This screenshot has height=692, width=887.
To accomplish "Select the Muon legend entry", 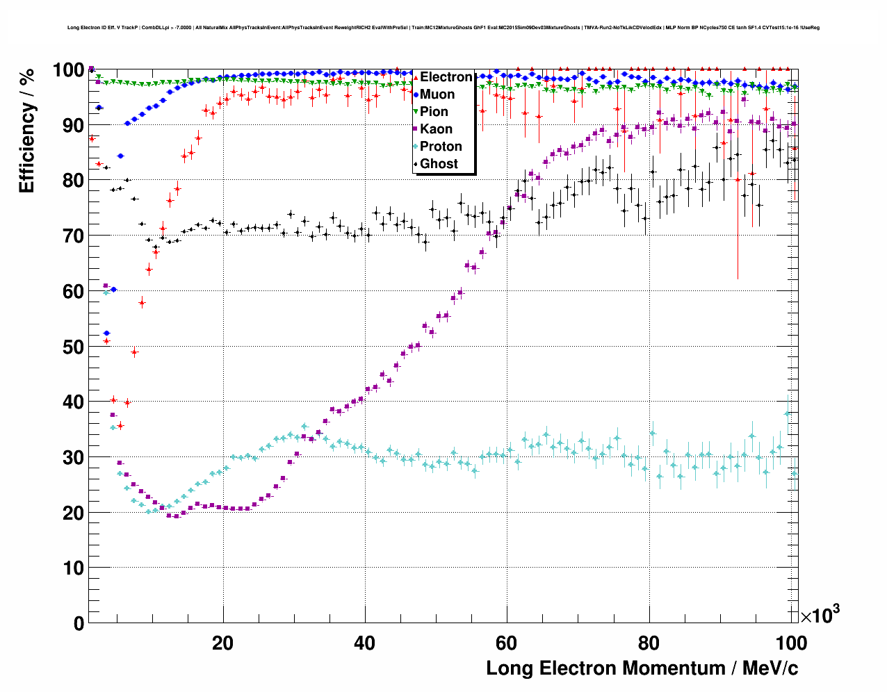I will pos(437,94).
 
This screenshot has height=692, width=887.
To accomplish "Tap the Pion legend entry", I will pos(434,112).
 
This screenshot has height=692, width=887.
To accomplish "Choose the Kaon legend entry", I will pos(436,129).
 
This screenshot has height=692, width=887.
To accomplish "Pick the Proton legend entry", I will pos(441,147).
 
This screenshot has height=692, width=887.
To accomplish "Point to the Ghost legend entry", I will pos(439,164).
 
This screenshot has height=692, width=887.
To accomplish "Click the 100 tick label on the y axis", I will pos(68,70).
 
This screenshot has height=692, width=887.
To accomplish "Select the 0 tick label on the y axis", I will pos(78,623).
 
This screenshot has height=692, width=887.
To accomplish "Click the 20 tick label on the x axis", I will pos(222,643).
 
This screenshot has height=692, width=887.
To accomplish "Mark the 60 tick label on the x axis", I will pos(507,643).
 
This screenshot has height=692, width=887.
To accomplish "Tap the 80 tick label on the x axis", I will pos(649,643).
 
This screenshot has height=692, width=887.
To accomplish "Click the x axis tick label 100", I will pos(790,643).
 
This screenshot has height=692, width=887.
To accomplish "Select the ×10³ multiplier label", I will pos(820,616).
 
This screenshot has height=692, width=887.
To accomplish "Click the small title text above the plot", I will pos(443,28).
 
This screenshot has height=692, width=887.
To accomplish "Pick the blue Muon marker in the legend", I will pos(416,94).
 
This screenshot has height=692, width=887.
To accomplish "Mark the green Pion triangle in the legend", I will pos(416,112).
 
